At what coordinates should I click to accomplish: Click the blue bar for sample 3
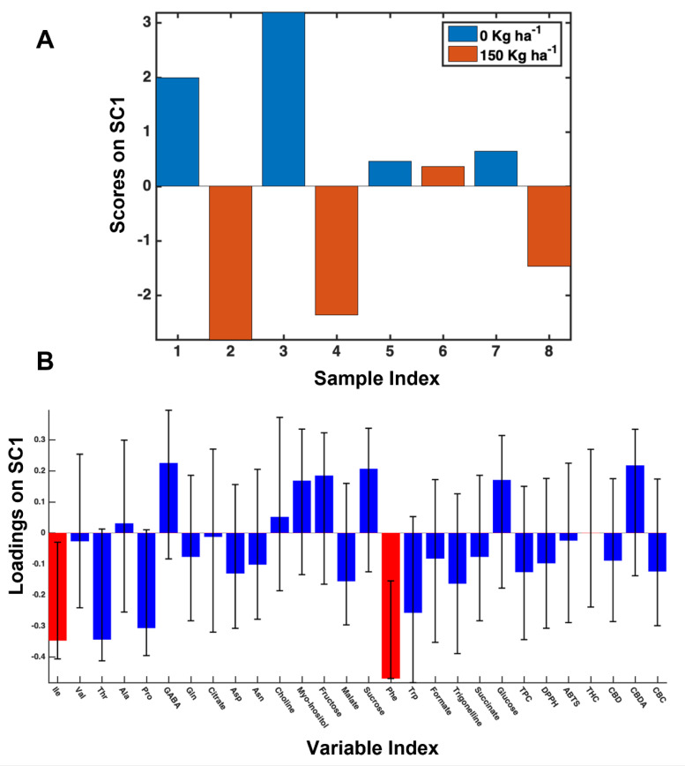click(x=283, y=99)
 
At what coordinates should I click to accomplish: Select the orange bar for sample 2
click(x=230, y=262)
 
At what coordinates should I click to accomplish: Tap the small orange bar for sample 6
click(x=443, y=176)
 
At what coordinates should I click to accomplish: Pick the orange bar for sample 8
click(x=548, y=225)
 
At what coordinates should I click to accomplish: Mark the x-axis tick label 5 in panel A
click(x=390, y=352)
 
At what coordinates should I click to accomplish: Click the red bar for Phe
click(x=390, y=605)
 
